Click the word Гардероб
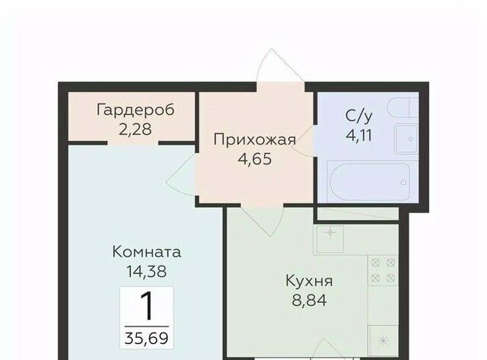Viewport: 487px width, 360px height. tap(135, 110)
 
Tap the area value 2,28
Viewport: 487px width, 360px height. tap(135, 129)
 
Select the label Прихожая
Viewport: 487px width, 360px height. tap(255, 140)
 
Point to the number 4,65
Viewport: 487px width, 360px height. tap(255, 159)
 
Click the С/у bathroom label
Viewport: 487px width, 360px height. tap(358, 116)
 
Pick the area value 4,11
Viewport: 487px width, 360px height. tap(358, 135)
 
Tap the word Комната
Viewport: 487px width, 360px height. tap(146, 252)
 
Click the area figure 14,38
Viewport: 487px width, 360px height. tap(146, 272)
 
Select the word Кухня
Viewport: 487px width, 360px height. tap(309, 281)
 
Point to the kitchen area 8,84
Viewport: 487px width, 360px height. tap(309, 301)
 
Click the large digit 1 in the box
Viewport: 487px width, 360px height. tap(147, 306)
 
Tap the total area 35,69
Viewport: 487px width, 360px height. tap(146, 338)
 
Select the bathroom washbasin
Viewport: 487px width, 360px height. tap(406, 139)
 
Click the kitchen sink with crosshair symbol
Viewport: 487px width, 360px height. tap(329, 238)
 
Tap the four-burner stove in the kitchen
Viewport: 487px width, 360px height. tap(383, 270)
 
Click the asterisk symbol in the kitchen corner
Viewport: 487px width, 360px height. tap(384, 340)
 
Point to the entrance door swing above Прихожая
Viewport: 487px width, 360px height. tap(280, 66)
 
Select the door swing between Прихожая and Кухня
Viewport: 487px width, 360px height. tap(262, 220)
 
